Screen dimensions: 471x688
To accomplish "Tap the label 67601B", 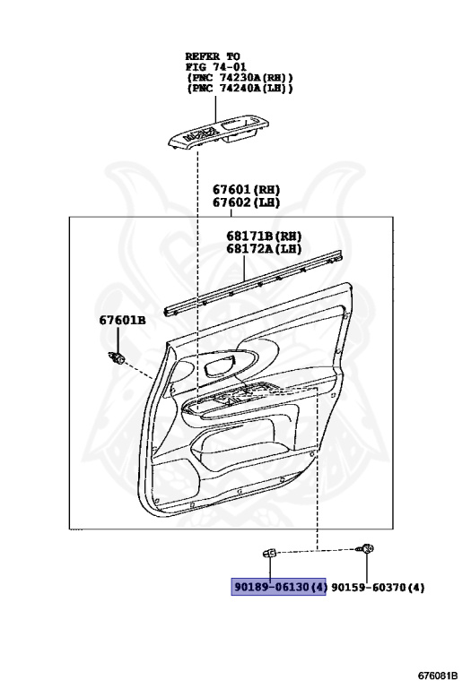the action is pyautogui.click(x=122, y=320).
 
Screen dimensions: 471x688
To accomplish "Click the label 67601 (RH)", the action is pyautogui.click(x=247, y=190).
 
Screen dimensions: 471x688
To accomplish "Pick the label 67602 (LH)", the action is pyautogui.click(x=247, y=202).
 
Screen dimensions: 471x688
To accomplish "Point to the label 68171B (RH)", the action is pyautogui.click(x=264, y=236).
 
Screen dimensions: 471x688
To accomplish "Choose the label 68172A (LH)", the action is pyautogui.click(x=264, y=249).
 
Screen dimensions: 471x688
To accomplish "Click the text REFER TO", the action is pyautogui.click(x=213, y=56).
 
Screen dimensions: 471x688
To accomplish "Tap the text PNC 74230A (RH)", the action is pyautogui.click(x=240, y=77).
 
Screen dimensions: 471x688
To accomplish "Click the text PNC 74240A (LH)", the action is pyautogui.click(x=240, y=88).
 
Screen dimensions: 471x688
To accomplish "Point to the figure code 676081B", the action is pyautogui.click(x=438, y=675).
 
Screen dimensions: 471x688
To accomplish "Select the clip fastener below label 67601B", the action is pyautogui.click(x=116, y=358).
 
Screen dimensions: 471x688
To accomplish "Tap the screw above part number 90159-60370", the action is pyautogui.click(x=366, y=548).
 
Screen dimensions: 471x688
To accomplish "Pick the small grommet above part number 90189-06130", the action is pyautogui.click(x=269, y=553).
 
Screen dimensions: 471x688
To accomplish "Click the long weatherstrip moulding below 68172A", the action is pyautogui.click(x=254, y=282).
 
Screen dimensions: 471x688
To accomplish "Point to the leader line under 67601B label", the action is pyautogui.click(x=118, y=340).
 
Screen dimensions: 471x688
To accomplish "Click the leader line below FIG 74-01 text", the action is pyautogui.click(x=215, y=108).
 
